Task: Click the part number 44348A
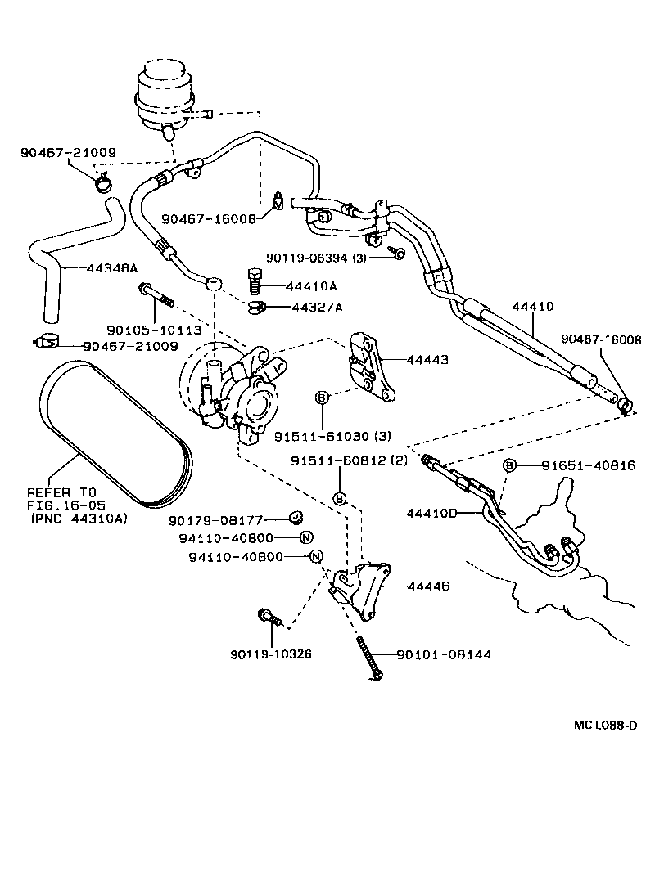pyautogui.click(x=113, y=268)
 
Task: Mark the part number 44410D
pyautogui.click(x=431, y=513)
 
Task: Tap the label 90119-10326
pyautogui.click(x=272, y=654)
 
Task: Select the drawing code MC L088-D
pyautogui.click(x=604, y=726)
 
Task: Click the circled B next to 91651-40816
pyautogui.click(x=509, y=465)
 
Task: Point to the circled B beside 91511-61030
pyautogui.click(x=322, y=398)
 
